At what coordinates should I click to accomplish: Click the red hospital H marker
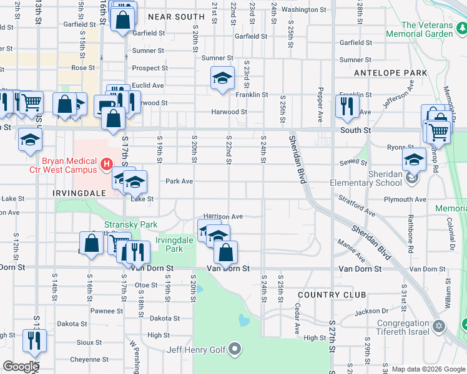[x=106, y=165]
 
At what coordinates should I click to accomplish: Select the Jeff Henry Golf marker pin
[x=235, y=348]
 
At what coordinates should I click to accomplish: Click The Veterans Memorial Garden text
[x=427, y=29]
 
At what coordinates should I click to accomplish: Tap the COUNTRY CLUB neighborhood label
[x=327, y=294]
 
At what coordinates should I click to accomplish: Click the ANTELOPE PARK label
[x=390, y=73]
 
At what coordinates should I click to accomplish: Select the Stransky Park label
[x=131, y=224]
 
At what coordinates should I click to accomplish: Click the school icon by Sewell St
[x=413, y=159]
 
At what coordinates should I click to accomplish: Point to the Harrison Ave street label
[x=223, y=216]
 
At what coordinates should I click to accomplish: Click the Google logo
[x=21, y=367]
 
